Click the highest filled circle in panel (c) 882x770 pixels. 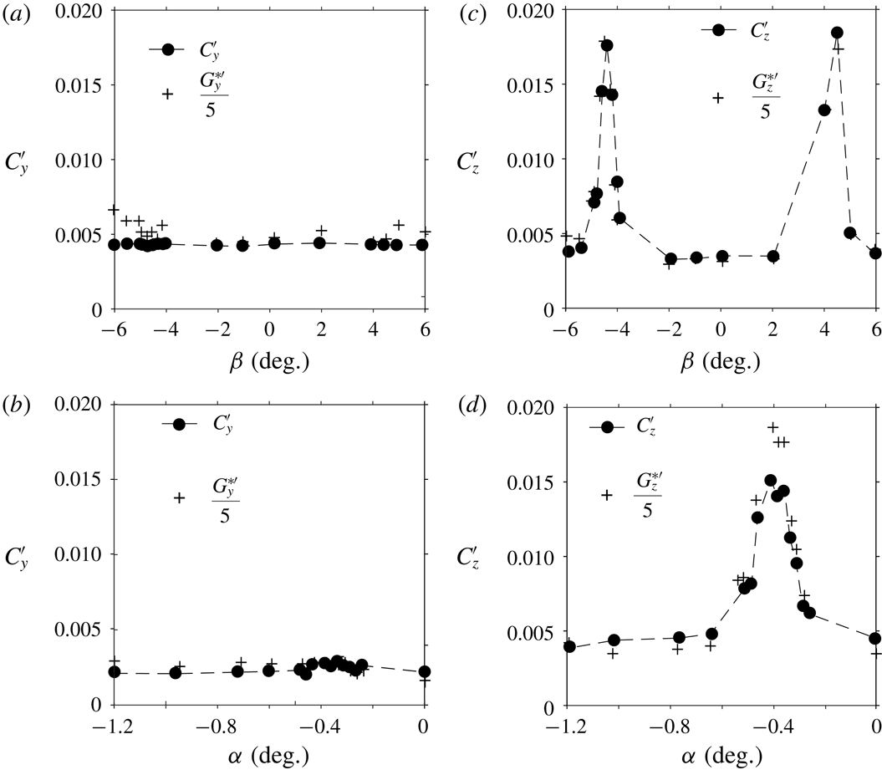point(837,33)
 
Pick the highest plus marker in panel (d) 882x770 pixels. point(773,427)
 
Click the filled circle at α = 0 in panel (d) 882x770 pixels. point(875,638)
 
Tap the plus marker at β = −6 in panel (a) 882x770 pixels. point(114,209)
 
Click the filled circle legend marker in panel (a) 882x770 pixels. point(167,49)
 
